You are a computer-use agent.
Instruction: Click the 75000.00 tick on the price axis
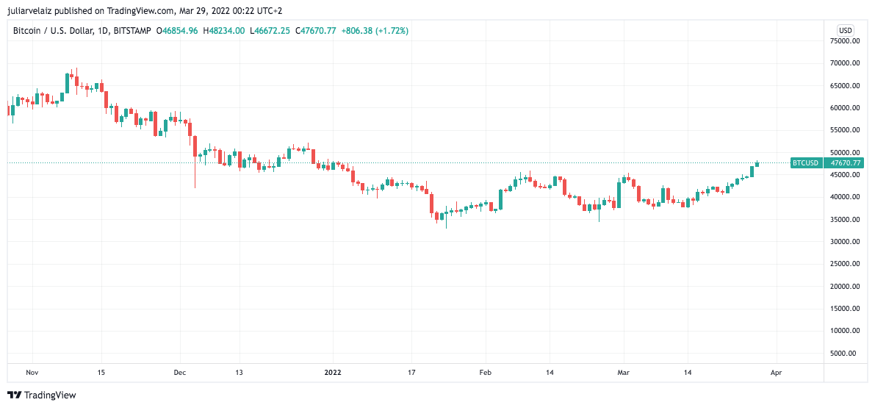click(x=845, y=41)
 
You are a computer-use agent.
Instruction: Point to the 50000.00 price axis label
click(x=845, y=152)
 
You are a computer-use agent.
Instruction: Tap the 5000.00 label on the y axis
click(x=846, y=354)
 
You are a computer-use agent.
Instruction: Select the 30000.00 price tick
click(x=845, y=242)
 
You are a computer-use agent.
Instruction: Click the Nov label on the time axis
click(x=32, y=373)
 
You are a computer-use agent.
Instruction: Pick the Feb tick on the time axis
click(x=484, y=373)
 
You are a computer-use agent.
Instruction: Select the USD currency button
click(x=846, y=30)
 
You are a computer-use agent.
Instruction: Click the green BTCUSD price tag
click(x=805, y=163)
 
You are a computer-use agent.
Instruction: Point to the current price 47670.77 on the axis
click(x=845, y=163)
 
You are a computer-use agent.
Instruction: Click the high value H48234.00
click(x=224, y=31)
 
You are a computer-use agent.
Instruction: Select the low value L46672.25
click(x=270, y=31)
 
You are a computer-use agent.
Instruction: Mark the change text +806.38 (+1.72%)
click(x=375, y=31)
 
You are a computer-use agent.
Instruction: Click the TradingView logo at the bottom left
click(x=41, y=395)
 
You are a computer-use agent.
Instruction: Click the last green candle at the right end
click(x=757, y=163)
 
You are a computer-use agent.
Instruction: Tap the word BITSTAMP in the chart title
click(x=133, y=31)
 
